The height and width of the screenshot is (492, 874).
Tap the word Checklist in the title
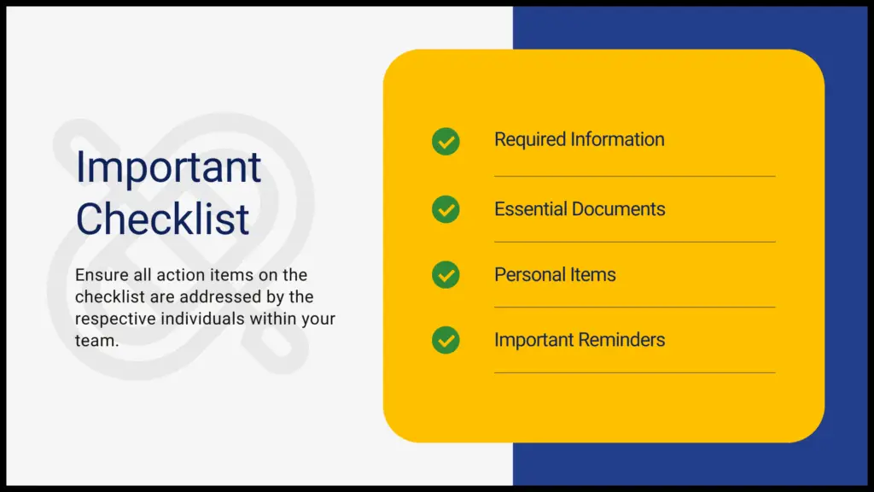pos(162,219)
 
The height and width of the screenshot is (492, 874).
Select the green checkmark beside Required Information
pos(446,141)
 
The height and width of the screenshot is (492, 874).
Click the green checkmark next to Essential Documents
pos(446,209)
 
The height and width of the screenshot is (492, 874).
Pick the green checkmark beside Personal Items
pos(446,274)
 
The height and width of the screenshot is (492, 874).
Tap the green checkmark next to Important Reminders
pos(446,340)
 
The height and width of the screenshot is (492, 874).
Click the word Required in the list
pos(530,140)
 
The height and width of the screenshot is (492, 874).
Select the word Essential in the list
pos(531,209)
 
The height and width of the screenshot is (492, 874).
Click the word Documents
pos(619,209)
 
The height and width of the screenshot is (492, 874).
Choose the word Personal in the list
pos(527,274)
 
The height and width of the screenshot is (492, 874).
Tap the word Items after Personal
pos(591,274)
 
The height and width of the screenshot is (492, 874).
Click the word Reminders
pos(622,340)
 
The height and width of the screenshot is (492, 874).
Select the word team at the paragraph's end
pos(97,341)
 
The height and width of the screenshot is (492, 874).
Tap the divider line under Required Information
pos(635,176)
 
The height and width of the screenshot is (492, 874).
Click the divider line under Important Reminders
pos(635,372)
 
